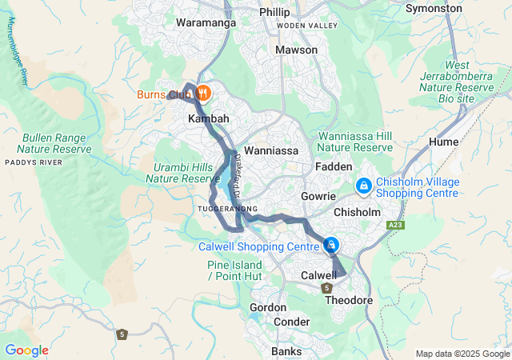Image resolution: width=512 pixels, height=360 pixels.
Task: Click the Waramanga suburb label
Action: [x=206, y=23]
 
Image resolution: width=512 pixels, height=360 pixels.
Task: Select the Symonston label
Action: [x=434, y=9]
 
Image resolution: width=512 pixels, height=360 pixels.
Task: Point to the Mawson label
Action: [x=296, y=50]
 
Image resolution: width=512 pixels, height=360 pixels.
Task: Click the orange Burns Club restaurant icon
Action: [x=203, y=94]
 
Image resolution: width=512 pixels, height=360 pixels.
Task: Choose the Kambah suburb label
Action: [x=208, y=118]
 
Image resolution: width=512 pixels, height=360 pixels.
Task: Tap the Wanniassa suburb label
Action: [x=270, y=150]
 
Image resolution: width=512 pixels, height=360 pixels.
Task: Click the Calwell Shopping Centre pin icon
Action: [x=330, y=245]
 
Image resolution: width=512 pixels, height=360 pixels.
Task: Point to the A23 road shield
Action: [x=394, y=226]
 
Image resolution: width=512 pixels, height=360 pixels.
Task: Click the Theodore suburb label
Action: [x=350, y=300]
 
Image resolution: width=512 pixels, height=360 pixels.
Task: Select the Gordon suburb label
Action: [x=268, y=307]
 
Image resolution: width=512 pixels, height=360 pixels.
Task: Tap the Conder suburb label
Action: [x=291, y=322]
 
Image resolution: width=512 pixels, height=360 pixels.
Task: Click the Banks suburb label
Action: [x=286, y=351]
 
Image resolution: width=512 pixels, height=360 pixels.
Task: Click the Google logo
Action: [x=26, y=350]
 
